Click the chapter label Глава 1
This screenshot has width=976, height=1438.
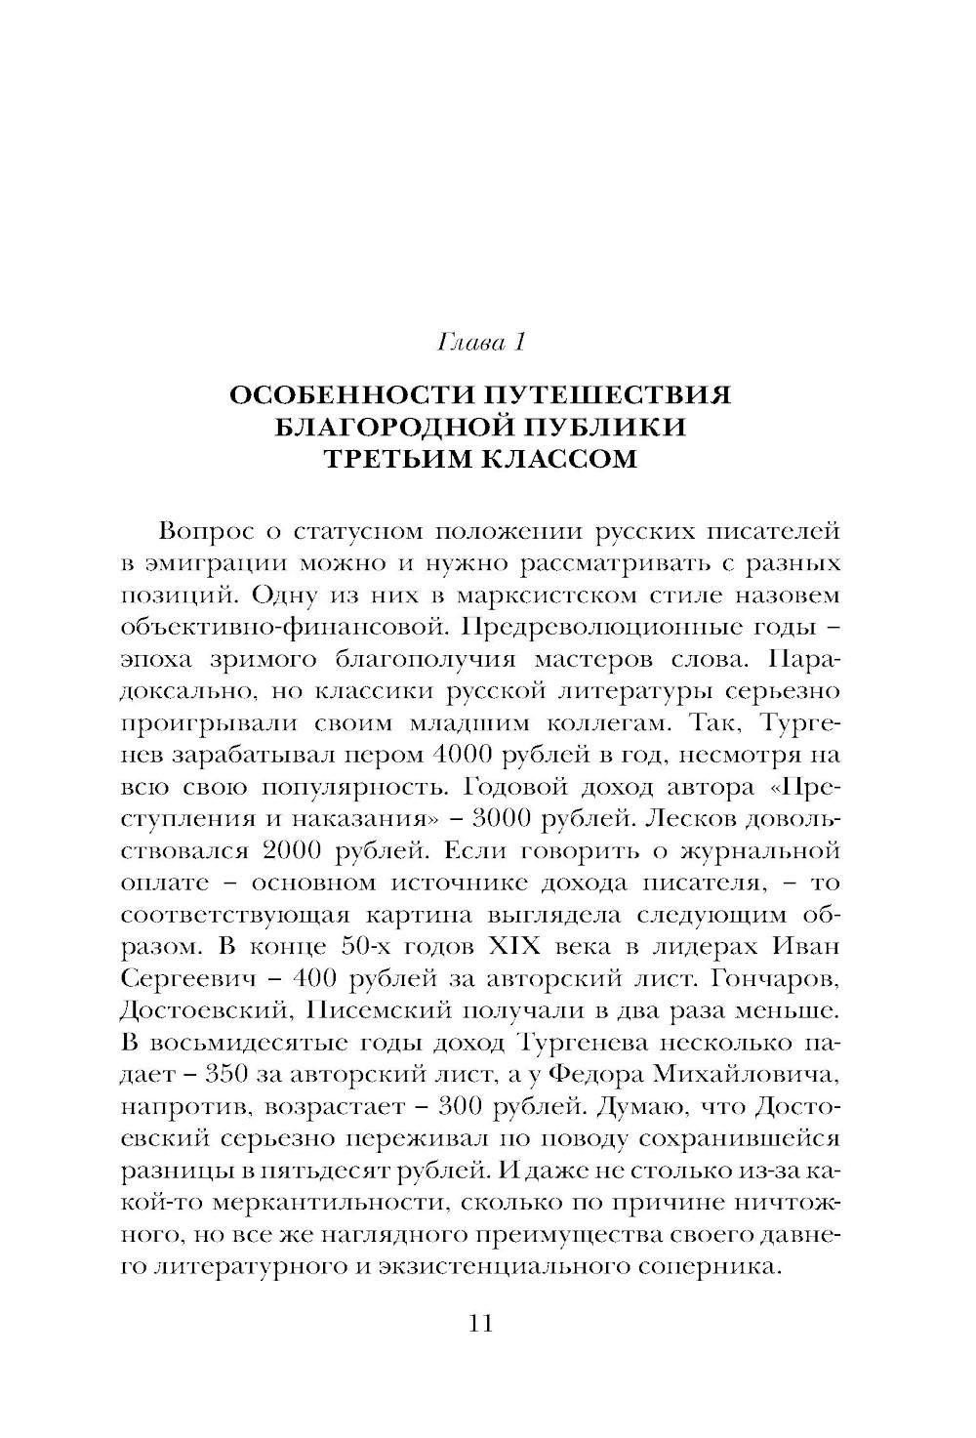(483, 344)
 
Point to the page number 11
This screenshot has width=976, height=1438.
(482, 1324)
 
